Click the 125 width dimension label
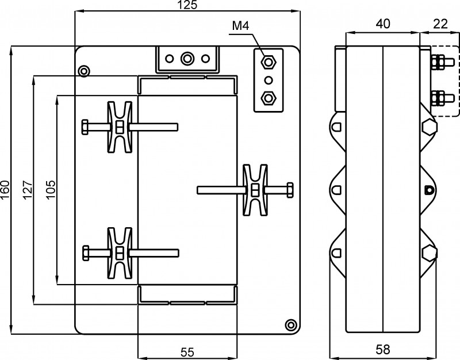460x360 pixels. pos(187,5)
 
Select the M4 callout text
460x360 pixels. pos(240,26)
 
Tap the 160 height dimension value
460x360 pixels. pos(5,190)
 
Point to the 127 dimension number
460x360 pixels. pos(28,190)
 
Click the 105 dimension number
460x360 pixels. pos(51,190)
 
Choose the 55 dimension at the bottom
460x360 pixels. pos(187,352)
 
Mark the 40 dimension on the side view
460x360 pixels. pos(383,24)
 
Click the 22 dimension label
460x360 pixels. pos(440,24)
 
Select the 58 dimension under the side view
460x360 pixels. pos(383,350)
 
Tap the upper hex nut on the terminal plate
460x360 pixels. pos(268,62)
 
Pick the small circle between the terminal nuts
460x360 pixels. pos(268,80)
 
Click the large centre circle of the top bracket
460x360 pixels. pos(187,59)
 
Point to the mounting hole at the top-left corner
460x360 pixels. pos(84,71)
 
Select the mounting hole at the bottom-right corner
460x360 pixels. pos(291,325)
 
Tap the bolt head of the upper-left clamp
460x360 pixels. pos(85,127)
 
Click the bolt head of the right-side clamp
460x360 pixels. pos(290,190)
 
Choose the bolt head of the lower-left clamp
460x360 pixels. pos(86,253)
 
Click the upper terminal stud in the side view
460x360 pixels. pos(442,62)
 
